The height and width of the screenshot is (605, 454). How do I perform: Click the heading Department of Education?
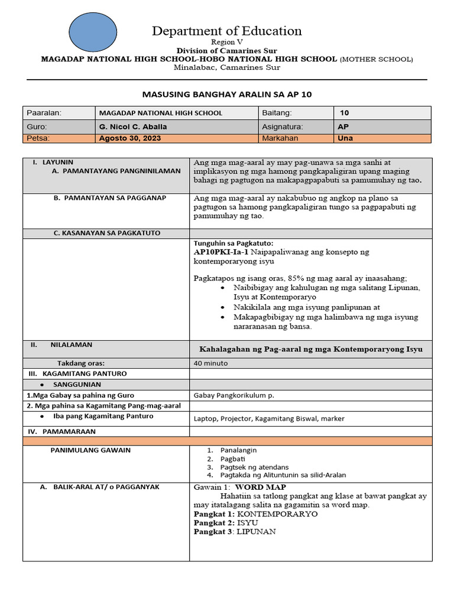click(x=226, y=31)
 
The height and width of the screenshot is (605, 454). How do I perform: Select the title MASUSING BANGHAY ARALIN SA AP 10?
click(x=227, y=94)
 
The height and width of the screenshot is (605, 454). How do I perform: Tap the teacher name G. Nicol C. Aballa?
click(x=133, y=126)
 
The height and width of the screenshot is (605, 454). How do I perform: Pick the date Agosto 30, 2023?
click(x=130, y=138)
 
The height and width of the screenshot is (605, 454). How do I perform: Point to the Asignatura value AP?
click(x=343, y=126)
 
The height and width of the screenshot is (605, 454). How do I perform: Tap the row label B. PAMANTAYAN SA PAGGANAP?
click(x=109, y=197)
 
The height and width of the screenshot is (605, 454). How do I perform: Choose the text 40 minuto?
click(x=211, y=363)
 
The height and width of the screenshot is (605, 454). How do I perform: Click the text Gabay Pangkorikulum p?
click(x=234, y=395)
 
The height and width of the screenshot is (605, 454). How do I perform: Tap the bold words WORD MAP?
click(x=257, y=487)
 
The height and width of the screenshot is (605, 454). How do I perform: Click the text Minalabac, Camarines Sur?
click(x=227, y=67)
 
